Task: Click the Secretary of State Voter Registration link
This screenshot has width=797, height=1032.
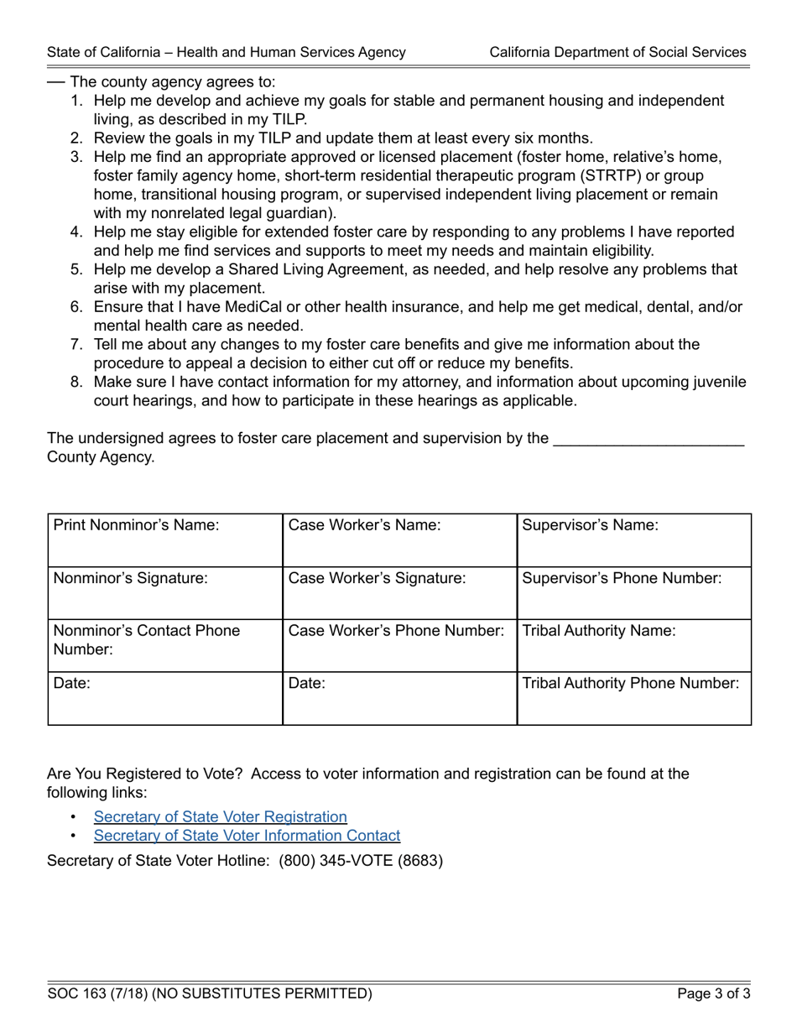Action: point(220,816)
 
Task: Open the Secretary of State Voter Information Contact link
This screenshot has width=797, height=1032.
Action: point(247,836)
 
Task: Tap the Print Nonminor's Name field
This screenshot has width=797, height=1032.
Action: point(165,540)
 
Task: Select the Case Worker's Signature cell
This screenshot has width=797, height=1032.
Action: point(399,593)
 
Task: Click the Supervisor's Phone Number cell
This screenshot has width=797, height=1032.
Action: point(633,593)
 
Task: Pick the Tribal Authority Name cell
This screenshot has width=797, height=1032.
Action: point(633,645)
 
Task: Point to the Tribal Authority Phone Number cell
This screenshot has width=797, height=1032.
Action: point(633,698)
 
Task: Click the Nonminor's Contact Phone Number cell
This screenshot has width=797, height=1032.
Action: point(165,645)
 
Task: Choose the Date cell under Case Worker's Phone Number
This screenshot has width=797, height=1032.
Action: point(399,698)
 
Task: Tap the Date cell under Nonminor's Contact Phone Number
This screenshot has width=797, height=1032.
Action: point(165,698)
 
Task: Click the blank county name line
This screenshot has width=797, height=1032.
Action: point(649,439)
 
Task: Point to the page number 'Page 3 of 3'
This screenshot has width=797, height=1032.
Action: point(714,994)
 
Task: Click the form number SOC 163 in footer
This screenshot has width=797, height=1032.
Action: point(85,994)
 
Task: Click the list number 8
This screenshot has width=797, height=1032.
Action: point(76,383)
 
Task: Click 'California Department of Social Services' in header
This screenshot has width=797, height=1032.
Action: point(617,52)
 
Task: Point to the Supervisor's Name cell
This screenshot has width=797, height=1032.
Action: point(633,540)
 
